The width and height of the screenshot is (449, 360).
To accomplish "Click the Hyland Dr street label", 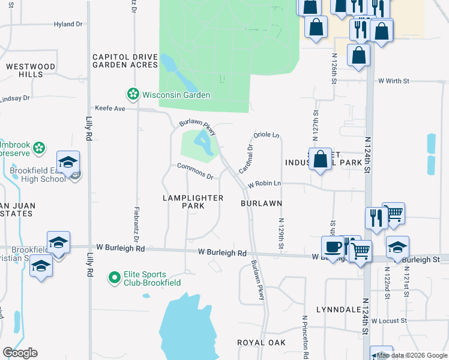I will [68, 24].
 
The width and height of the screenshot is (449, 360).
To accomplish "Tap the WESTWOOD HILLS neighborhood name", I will [31, 70].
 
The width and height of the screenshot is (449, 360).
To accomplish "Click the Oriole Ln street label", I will [268, 135].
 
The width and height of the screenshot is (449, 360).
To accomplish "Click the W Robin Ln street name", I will [264, 183].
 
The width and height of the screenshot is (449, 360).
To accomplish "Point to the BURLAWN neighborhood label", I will [262, 204].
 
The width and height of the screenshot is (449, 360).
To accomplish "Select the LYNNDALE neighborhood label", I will [338, 310].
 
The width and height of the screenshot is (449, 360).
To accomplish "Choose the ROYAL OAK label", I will [261, 343].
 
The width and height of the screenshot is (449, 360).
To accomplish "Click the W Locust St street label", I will [390, 321].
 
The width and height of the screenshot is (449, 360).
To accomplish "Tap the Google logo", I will [20, 353].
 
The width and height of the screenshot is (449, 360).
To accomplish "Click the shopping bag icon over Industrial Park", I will [320, 159].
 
